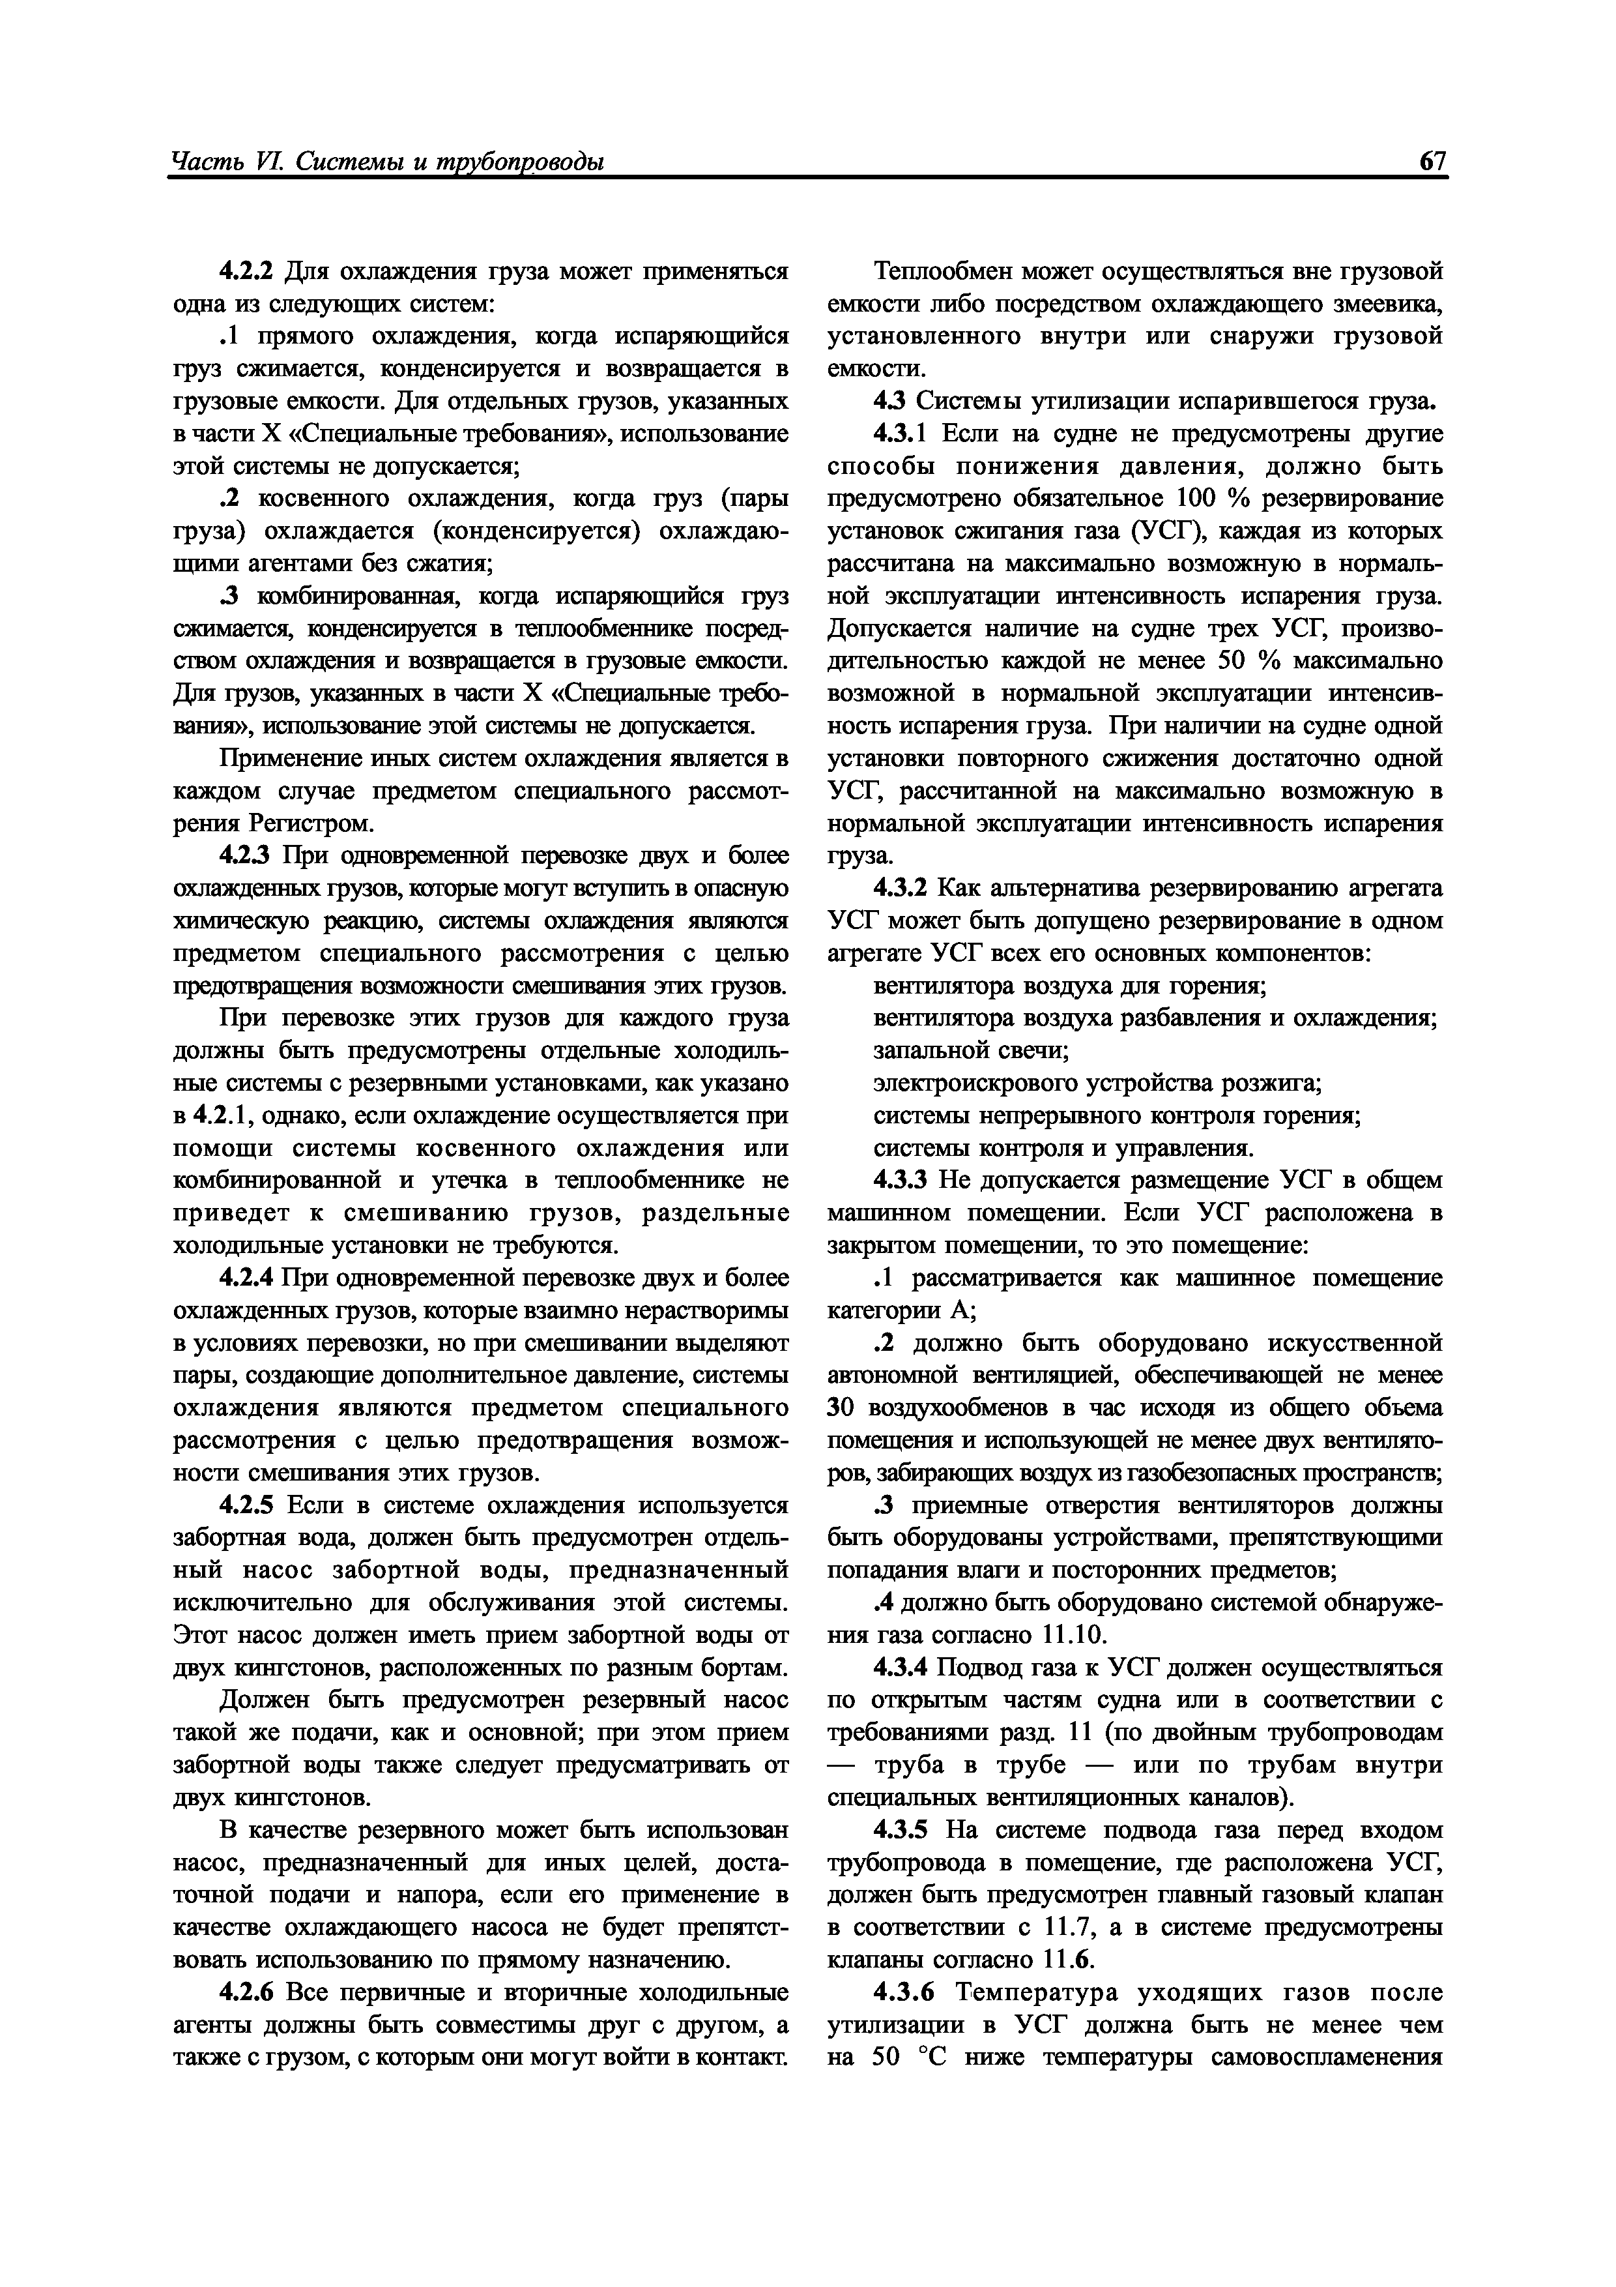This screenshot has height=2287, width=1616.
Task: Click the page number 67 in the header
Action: pyautogui.click(x=1432, y=162)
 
